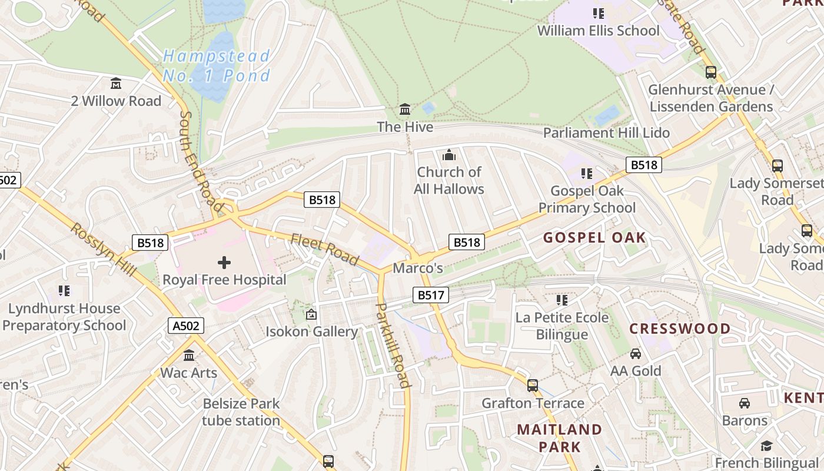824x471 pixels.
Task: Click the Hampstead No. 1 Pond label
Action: [x=216, y=65]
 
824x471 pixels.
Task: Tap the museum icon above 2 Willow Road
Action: [x=116, y=84]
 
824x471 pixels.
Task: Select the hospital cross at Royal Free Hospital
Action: [x=224, y=262]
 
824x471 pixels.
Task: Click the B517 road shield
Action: [x=431, y=295]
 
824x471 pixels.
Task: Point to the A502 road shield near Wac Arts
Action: [x=186, y=326]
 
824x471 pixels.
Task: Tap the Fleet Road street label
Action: [x=324, y=249]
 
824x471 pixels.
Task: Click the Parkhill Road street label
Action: [x=392, y=345]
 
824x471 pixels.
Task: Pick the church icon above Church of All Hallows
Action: [x=449, y=155]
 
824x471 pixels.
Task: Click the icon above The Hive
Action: [x=405, y=110]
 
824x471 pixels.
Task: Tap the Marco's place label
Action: [x=417, y=268]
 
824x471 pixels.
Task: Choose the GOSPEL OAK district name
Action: [x=594, y=238]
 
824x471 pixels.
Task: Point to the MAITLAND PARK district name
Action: [x=559, y=437]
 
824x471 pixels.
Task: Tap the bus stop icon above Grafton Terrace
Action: [x=533, y=386]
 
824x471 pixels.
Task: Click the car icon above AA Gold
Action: [x=636, y=354]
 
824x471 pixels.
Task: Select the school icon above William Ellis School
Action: [x=599, y=14]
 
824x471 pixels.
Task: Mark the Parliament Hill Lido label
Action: [x=606, y=133]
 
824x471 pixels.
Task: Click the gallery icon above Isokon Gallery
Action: [x=311, y=315]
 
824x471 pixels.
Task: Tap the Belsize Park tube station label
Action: [x=241, y=412]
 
